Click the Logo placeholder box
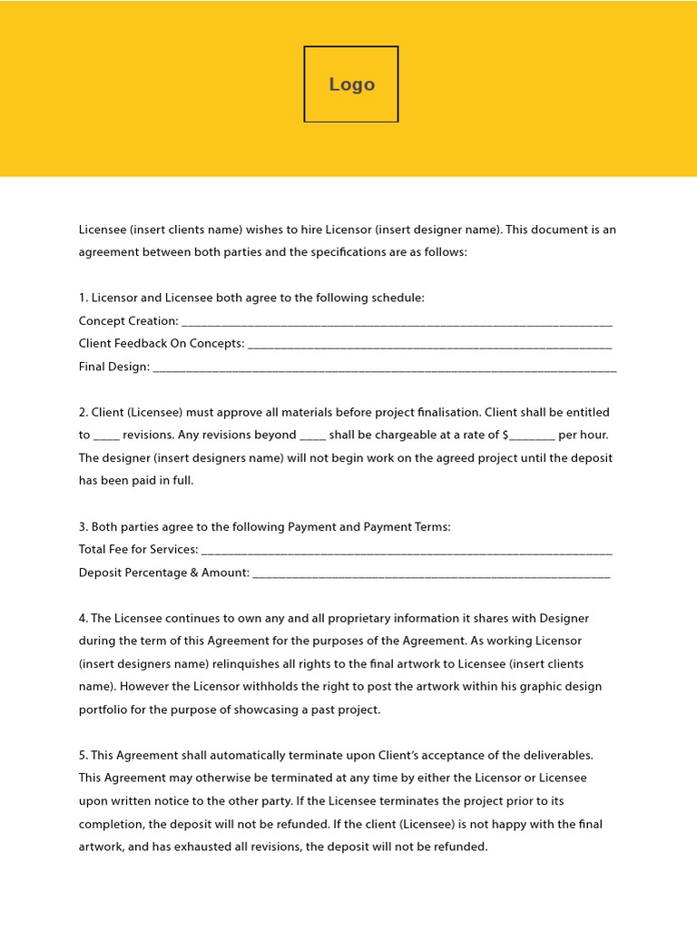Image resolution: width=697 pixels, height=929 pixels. point(351,84)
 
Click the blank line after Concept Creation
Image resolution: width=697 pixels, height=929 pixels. point(397,323)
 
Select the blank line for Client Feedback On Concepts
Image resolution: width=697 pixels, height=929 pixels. point(429,346)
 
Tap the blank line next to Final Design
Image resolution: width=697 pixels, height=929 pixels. point(385,369)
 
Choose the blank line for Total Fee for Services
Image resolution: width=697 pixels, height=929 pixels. point(407,552)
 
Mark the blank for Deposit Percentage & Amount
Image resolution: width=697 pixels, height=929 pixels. point(432,574)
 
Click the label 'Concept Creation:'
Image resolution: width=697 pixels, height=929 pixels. point(129,321)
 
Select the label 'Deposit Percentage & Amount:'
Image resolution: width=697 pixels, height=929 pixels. point(164,572)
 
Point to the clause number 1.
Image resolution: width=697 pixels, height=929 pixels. point(83,298)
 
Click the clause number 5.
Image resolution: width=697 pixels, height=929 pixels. point(83,755)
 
